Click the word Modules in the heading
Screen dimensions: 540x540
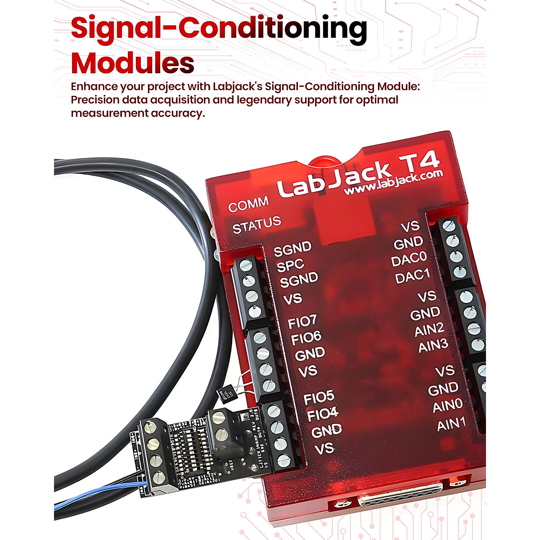133,63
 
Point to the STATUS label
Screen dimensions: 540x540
256,225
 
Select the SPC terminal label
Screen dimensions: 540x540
290,265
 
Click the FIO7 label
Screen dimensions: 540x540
302,322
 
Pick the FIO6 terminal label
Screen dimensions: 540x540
306,338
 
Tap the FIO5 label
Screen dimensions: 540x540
319,397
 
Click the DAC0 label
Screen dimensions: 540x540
409,260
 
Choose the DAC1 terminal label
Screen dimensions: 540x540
412,276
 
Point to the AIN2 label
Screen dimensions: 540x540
429,330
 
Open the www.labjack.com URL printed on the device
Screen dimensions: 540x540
393,182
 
